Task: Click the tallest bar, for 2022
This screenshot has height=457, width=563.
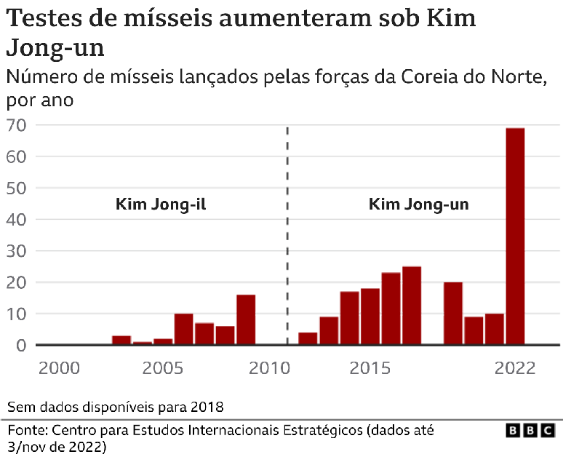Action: pos(515,236)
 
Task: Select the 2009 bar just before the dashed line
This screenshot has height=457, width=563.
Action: pos(246,319)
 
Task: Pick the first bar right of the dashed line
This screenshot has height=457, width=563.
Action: pos(308,338)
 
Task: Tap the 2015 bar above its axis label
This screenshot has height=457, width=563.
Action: pos(370,317)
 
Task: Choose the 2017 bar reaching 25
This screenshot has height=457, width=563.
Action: pos(412,306)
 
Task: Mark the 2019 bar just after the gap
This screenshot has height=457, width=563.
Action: pos(453,313)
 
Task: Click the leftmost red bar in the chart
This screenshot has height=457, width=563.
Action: pos(121,340)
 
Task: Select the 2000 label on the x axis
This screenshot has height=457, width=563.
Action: pos(59,367)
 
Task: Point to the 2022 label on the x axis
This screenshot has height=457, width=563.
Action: pos(515,367)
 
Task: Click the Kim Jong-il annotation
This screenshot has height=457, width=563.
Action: pos(161,204)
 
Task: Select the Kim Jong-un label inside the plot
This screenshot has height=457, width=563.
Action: pos(419,204)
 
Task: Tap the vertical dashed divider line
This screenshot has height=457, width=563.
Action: pos(287,240)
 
